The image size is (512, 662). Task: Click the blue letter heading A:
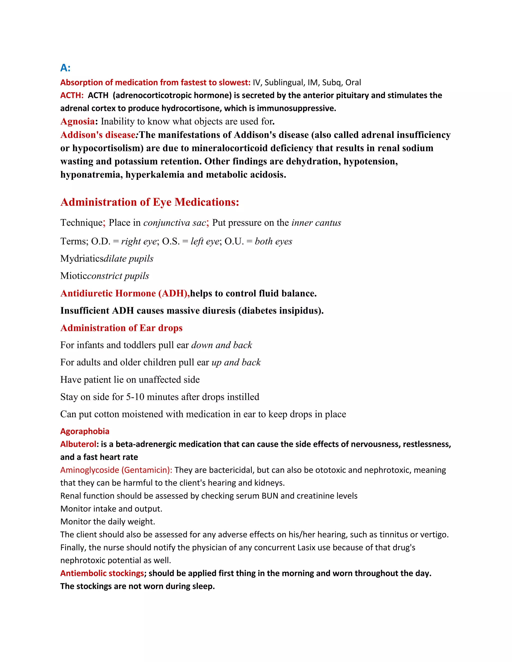point(65,68)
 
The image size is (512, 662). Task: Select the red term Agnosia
point(77,122)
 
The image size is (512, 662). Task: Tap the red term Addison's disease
point(98,135)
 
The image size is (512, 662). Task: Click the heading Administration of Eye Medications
point(149,202)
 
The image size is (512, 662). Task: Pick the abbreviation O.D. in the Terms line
point(101,242)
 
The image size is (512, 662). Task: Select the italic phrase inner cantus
point(316,223)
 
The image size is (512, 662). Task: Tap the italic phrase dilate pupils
point(128,259)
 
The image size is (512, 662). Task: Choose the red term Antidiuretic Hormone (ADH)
point(125,294)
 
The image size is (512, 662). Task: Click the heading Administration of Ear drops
point(121,328)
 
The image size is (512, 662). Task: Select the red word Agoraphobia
point(85,431)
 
